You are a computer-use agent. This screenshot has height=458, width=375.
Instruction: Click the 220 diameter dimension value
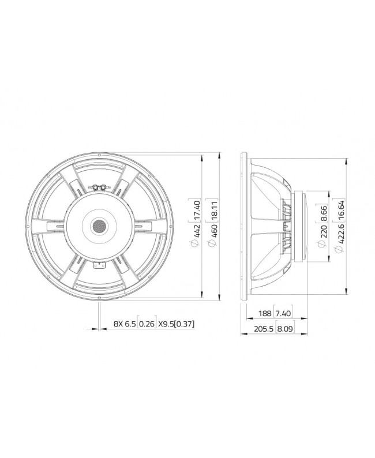[323, 232]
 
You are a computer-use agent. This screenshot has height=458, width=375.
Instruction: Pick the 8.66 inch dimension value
[323, 213]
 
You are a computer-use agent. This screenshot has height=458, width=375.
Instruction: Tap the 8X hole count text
[118, 325]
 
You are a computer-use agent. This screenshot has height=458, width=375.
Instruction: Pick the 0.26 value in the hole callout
[147, 325]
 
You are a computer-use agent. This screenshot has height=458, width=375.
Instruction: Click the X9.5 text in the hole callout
[167, 325]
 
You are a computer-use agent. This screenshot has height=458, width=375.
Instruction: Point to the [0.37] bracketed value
[185, 325]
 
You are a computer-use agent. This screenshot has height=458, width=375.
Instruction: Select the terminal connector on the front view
[98, 187]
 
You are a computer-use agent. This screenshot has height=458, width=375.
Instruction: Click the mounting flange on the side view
[245, 226]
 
